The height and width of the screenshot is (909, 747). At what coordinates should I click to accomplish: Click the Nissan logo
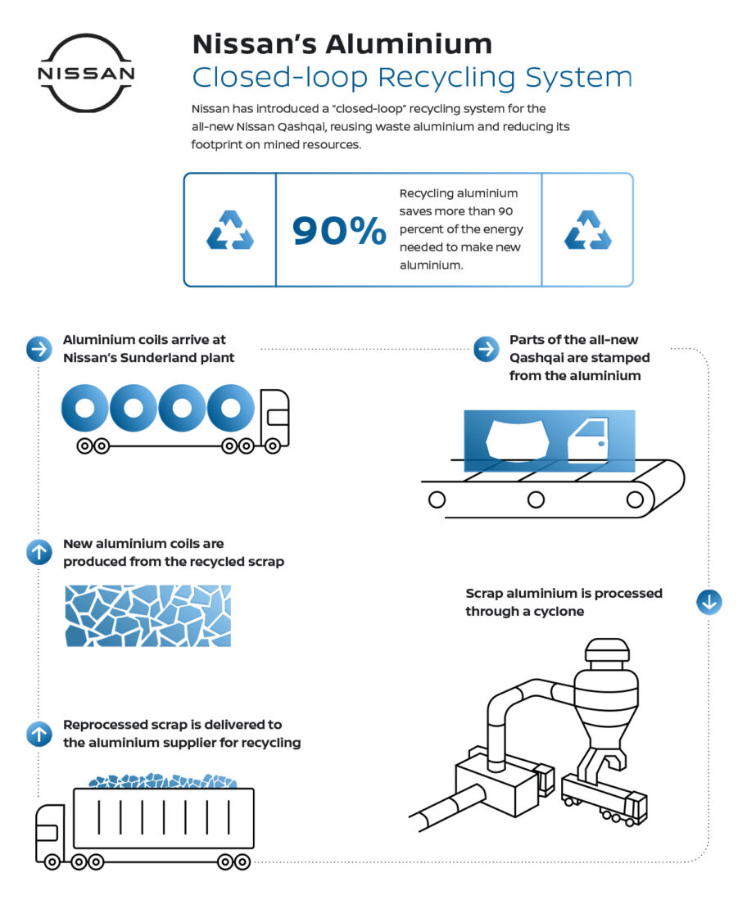[x=86, y=73]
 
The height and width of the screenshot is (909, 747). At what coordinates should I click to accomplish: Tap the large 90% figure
[x=339, y=232]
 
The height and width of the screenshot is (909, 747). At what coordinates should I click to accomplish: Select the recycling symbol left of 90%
[x=229, y=230]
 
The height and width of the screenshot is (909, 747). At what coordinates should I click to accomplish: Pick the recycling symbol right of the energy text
[x=587, y=230]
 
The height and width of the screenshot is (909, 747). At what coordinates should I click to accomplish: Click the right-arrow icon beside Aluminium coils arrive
[x=38, y=349]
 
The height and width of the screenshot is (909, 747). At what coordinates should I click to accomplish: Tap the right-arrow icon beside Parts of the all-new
[x=486, y=349]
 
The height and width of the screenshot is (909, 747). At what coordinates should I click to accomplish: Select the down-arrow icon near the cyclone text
[x=709, y=602]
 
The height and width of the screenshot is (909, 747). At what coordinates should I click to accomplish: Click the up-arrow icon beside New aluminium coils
[x=38, y=553]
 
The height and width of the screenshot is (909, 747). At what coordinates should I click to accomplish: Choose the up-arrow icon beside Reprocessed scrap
[x=38, y=734]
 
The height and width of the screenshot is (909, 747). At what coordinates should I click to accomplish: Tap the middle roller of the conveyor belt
[x=536, y=498]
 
